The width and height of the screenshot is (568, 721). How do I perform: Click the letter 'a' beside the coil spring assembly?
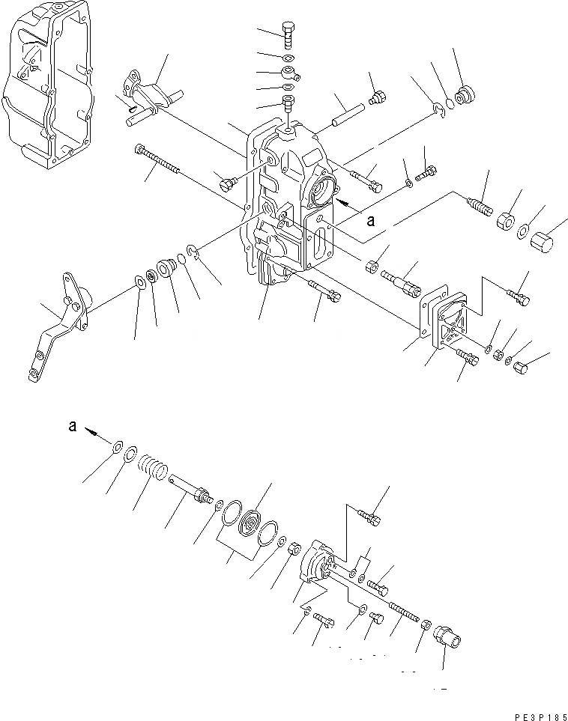[73, 426]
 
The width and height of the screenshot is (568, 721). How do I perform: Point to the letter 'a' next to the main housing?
[369, 221]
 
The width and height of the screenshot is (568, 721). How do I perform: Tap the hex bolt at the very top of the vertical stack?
[288, 34]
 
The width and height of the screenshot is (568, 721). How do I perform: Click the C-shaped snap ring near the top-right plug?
[440, 112]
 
